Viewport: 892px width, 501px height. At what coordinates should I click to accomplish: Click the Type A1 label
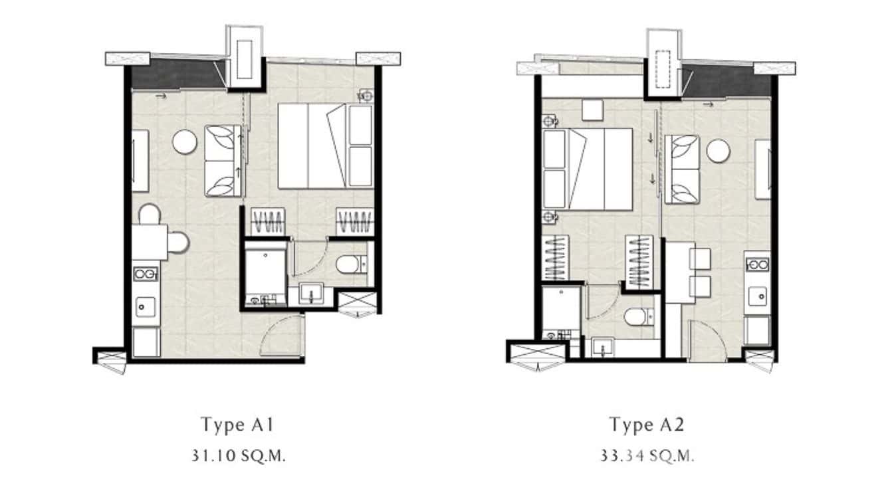(237, 424)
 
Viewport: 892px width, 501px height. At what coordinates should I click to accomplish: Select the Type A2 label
(646, 424)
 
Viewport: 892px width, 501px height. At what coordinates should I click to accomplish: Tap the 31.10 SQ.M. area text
(237, 456)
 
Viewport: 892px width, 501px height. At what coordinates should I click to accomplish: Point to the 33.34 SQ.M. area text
(647, 456)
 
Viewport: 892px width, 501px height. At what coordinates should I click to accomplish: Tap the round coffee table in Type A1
(184, 142)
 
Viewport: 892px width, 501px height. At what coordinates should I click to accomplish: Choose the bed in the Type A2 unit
(587, 169)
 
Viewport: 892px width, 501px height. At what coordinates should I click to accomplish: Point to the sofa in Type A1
(222, 161)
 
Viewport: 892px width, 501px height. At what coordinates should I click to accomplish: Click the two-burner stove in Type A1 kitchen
(146, 273)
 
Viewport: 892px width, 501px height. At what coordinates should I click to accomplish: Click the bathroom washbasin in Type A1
(310, 292)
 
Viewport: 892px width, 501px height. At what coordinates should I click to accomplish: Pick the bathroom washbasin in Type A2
(604, 348)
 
